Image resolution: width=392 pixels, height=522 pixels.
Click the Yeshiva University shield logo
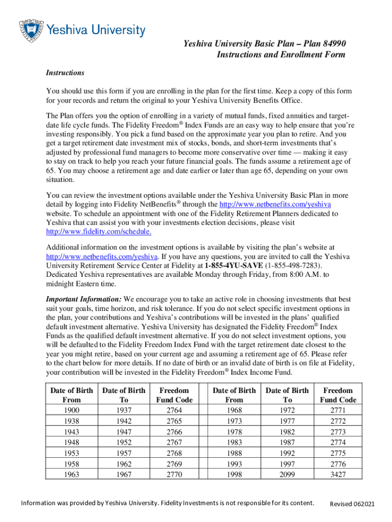(31, 31)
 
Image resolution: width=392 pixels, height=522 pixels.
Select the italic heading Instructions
(65, 73)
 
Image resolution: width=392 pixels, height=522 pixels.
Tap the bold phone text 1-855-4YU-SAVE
(234, 266)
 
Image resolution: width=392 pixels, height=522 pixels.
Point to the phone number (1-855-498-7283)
(293, 266)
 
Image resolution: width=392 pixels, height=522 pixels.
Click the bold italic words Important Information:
(84, 299)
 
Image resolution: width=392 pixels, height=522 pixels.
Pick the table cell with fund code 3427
(338, 474)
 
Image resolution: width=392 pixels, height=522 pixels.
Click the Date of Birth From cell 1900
(71, 410)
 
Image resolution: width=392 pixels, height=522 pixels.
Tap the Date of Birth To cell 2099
(287, 474)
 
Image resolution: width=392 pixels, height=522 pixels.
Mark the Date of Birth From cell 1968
(234, 410)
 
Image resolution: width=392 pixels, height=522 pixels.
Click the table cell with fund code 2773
(338, 431)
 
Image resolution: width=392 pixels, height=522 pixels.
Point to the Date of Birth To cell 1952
(124, 442)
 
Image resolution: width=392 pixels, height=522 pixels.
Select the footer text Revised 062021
(352, 504)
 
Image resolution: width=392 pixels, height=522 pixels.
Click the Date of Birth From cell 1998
(234, 474)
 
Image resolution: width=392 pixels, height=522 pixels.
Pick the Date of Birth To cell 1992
(287, 453)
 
